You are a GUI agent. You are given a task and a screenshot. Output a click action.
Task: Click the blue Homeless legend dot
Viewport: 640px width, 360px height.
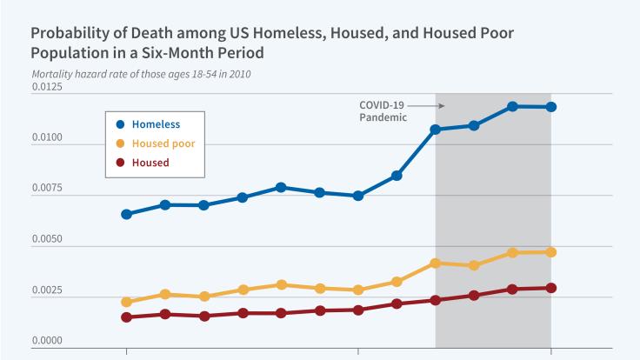[121, 124]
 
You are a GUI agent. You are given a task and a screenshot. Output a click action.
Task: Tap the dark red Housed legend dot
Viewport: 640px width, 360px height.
[121, 163]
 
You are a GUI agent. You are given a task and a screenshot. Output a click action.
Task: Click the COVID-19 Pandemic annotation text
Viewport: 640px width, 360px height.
[382, 110]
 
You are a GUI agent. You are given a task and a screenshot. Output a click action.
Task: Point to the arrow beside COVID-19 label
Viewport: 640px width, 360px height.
[426, 106]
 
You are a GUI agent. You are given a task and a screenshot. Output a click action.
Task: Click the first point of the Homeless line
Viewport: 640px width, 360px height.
[127, 214]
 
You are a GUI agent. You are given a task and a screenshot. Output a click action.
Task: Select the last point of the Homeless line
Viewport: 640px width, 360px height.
[550, 107]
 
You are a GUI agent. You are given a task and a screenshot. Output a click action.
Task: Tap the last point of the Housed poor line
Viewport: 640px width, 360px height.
[550, 252]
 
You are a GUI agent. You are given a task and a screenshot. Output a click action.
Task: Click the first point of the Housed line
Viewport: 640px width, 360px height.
[127, 317]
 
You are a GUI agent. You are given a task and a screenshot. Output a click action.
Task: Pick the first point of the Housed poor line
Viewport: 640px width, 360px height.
[127, 302]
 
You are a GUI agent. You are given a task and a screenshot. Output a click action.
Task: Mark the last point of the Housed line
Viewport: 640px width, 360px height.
[550, 288]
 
